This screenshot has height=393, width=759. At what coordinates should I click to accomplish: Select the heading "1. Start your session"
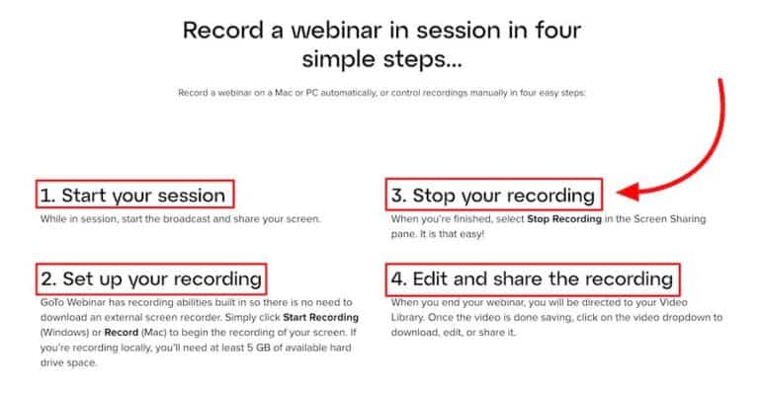(x=135, y=194)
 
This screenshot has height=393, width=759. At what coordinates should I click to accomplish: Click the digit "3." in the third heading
(x=398, y=195)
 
